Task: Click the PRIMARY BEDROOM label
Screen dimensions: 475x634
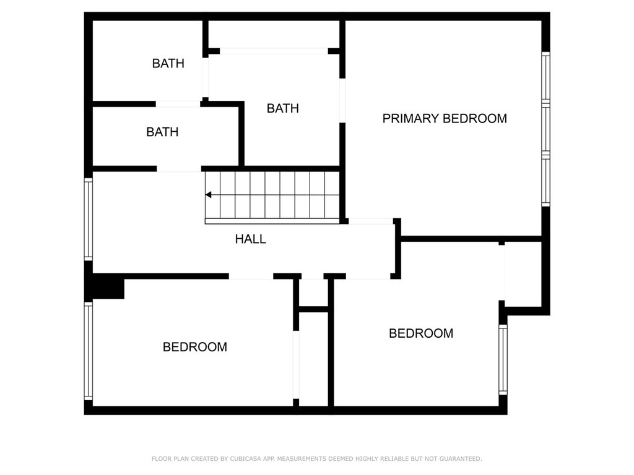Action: [x=445, y=118]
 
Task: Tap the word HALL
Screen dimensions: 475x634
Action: [x=251, y=239]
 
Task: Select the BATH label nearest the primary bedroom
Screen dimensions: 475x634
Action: [x=282, y=108]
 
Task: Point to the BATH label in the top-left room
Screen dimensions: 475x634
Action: [x=168, y=63]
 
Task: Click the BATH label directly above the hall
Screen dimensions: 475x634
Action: [x=162, y=132]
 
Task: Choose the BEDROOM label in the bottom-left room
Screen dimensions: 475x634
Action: [x=194, y=347]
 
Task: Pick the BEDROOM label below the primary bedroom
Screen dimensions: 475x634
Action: [x=421, y=333]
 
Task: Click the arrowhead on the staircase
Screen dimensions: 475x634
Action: [x=209, y=195]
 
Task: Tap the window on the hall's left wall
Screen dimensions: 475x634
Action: [x=89, y=219]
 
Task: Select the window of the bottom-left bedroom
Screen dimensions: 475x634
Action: [x=89, y=351]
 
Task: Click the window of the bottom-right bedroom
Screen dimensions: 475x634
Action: [x=503, y=359]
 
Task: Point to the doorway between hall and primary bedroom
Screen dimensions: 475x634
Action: [x=371, y=221]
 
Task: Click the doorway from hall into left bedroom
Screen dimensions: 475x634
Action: [x=251, y=276]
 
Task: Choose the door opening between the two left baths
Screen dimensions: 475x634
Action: [x=178, y=104]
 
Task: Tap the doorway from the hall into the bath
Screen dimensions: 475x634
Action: [x=179, y=168]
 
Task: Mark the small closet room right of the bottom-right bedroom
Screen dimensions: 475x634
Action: [x=523, y=272]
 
